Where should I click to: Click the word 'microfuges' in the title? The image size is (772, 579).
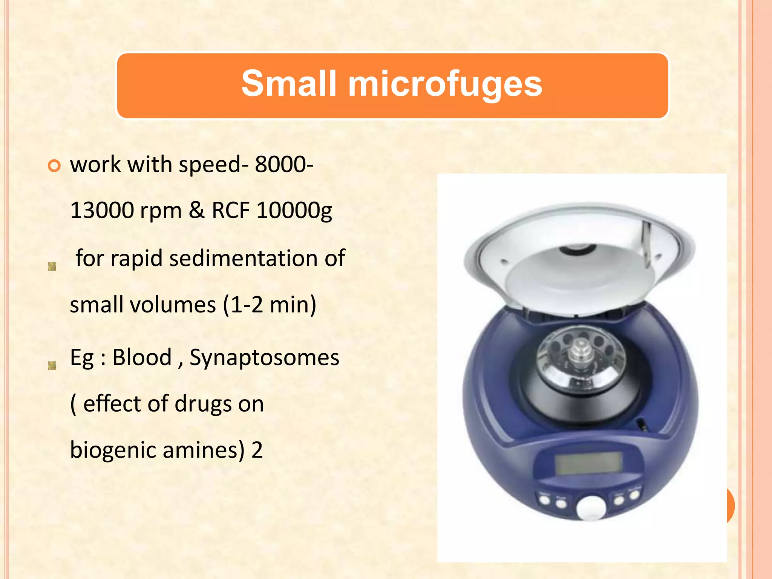coord(445,84)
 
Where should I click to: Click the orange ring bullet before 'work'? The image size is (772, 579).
coord(54,166)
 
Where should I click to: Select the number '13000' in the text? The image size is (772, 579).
coord(102,210)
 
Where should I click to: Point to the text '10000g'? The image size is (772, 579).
coord(294,210)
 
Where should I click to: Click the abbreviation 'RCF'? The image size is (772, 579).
coord(231,210)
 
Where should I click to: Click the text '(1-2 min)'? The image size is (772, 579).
coord(270,305)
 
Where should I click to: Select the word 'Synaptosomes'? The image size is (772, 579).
coord(264,358)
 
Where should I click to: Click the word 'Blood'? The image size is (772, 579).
coord(142,357)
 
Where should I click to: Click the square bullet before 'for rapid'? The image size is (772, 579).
coord(52,267)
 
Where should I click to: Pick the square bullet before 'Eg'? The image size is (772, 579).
coord(52,365)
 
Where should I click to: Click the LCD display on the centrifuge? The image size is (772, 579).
coord(588,463)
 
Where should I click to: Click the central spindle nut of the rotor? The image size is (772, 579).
coord(581,351)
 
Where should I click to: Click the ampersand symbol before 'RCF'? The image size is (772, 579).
coord(196,210)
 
